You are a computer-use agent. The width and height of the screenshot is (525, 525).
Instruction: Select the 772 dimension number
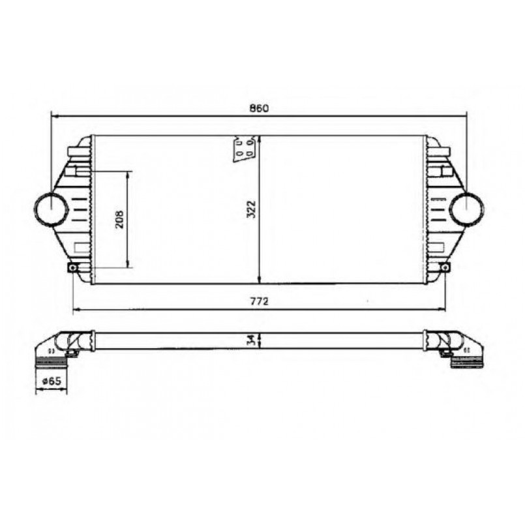(x=258, y=301)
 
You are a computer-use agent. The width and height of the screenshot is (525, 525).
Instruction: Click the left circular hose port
(x=51, y=209)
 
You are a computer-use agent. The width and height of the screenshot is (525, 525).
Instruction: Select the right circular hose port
(x=467, y=209)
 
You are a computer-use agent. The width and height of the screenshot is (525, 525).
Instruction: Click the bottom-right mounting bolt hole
(x=445, y=267)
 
